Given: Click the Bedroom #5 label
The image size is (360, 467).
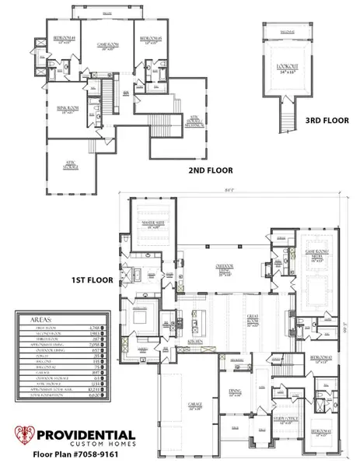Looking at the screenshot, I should click(x=149, y=39).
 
